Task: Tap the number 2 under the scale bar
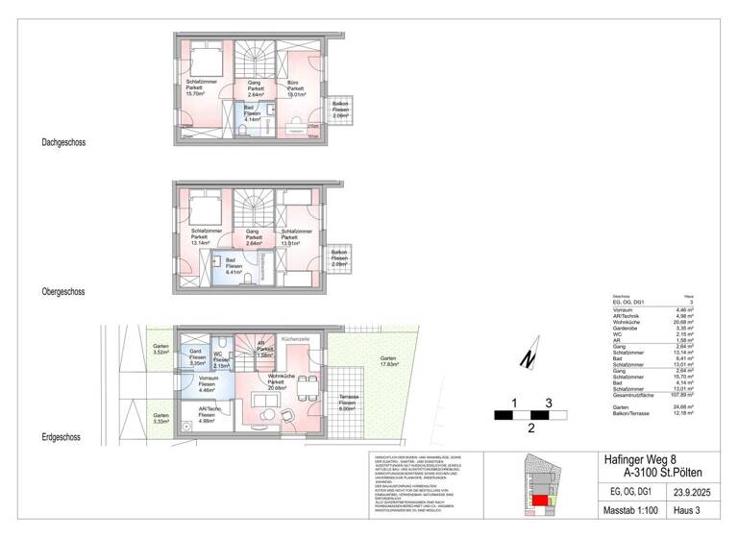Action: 529,429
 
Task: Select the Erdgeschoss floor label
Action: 61,437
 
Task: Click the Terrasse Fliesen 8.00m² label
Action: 349,402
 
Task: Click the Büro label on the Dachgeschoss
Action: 294,89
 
